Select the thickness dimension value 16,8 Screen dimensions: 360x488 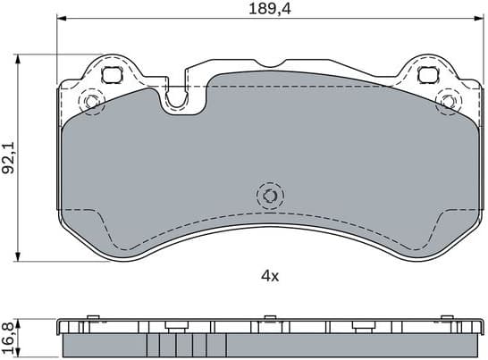[x=9, y=337]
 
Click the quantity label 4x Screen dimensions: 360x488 [x=269, y=275]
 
